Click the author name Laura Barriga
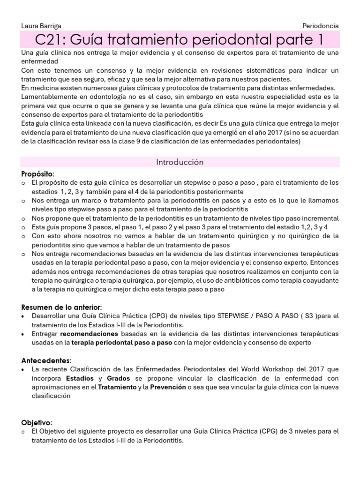(41, 26)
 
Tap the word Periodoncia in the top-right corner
(321, 26)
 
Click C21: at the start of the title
(52, 39)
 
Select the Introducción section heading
(180, 162)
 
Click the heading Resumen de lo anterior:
(61, 307)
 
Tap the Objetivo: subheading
(37, 422)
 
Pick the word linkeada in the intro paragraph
(89, 123)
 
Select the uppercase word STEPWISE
(234, 316)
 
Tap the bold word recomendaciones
(89, 334)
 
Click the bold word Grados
(119, 378)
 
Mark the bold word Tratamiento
(117, 387)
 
